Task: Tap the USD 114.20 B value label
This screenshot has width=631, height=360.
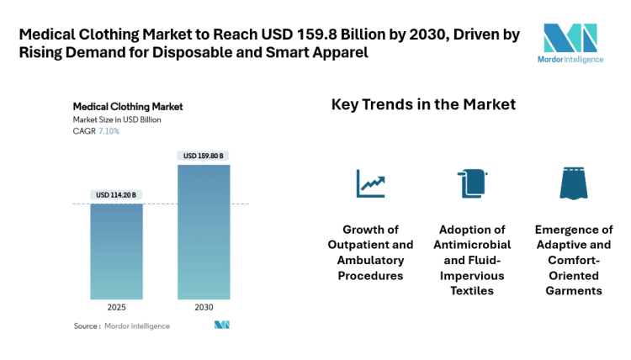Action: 116,195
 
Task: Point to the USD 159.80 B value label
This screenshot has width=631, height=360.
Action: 204,156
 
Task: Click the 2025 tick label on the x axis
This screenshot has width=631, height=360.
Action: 116,307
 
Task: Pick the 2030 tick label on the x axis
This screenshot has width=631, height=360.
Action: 204,307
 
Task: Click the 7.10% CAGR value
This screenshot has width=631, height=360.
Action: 109,131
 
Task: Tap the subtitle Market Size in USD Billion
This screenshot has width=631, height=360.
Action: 117,119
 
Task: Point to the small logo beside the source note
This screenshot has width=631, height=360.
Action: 222,326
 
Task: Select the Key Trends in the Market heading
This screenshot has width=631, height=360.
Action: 423,105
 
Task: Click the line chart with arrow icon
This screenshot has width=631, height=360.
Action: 370,183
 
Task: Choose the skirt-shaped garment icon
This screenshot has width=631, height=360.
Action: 573,183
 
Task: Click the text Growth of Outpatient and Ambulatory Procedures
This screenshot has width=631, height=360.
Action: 370,252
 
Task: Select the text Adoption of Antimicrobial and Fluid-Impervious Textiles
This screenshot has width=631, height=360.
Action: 472,260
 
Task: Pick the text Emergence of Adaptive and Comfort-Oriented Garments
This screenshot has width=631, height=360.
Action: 573,260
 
